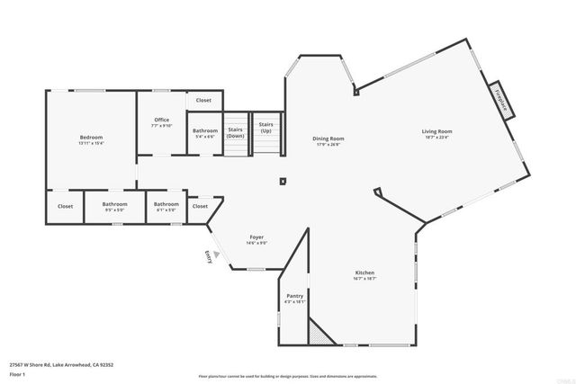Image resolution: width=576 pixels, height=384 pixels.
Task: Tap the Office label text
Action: pos(162,120)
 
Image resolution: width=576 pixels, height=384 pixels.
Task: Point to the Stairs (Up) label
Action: pos(265,128)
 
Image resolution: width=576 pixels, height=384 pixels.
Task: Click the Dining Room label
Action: pos(328,138)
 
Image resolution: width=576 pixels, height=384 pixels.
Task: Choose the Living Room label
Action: pos(437,132)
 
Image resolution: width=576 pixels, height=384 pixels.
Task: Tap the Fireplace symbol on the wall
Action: pos(501,98)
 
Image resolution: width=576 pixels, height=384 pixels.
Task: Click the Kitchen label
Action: pos(364,272)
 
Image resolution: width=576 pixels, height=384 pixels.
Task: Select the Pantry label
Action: pos(294,296)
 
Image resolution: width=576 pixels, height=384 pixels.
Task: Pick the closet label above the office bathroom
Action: pos(203,100)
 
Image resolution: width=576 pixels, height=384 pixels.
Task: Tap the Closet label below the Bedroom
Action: pos(66,206)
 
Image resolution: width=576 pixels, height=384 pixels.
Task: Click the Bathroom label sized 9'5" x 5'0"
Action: pos(114,204)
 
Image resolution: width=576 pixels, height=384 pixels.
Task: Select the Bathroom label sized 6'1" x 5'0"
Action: pos(166,204)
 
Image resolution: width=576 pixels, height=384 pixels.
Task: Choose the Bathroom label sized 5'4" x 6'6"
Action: pos(204,131)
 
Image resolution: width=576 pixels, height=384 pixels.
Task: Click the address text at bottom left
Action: pos(61,364)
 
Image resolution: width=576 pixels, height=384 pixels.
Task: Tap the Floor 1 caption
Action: pos(18,373)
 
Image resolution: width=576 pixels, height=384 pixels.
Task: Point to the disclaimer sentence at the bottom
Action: pos(288,376)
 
